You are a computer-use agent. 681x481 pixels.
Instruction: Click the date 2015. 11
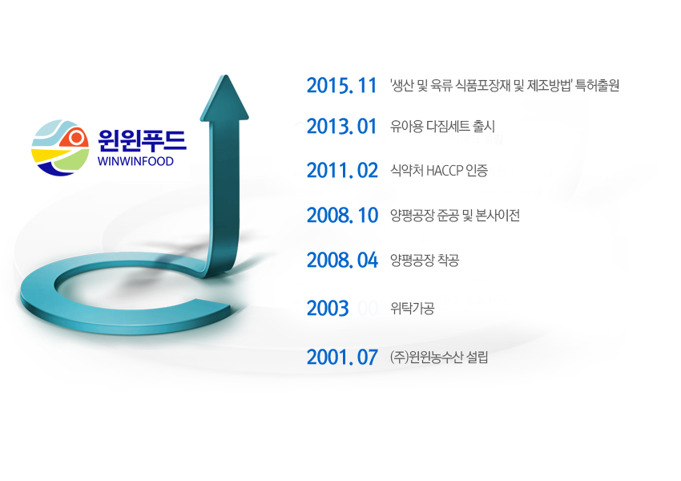coord(341,85)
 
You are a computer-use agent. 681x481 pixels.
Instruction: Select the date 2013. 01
coord(341,127)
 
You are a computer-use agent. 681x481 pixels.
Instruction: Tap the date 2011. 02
coord(342,170)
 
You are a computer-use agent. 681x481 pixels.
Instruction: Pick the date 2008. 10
coord(342,215)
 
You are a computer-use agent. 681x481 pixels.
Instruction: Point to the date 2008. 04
coord(342,260)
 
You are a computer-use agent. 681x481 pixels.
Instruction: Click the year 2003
coord(328,309)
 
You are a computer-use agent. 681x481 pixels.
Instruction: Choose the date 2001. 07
coord(342,358)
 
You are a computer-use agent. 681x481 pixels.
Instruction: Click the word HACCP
coord(445,171)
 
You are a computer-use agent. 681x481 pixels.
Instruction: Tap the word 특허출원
coord(597,85)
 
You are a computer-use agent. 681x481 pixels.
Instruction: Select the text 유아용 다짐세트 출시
coord(442,127)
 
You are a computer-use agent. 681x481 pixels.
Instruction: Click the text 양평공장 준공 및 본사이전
coord(455,215)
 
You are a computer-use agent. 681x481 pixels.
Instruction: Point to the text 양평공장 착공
coord(425,260)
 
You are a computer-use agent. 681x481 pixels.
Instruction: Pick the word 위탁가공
coord(412,309)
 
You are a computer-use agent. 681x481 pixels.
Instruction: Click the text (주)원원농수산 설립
coord(439,358)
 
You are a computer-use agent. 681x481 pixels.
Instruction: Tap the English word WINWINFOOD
coord(135,161)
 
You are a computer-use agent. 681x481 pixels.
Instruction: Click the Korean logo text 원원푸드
coord(142,140)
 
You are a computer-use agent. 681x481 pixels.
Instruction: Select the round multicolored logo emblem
coord(60,148)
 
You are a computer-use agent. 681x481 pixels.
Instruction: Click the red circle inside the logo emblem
coord(76,138)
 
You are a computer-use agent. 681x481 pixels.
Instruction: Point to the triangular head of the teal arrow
coord(224,98)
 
